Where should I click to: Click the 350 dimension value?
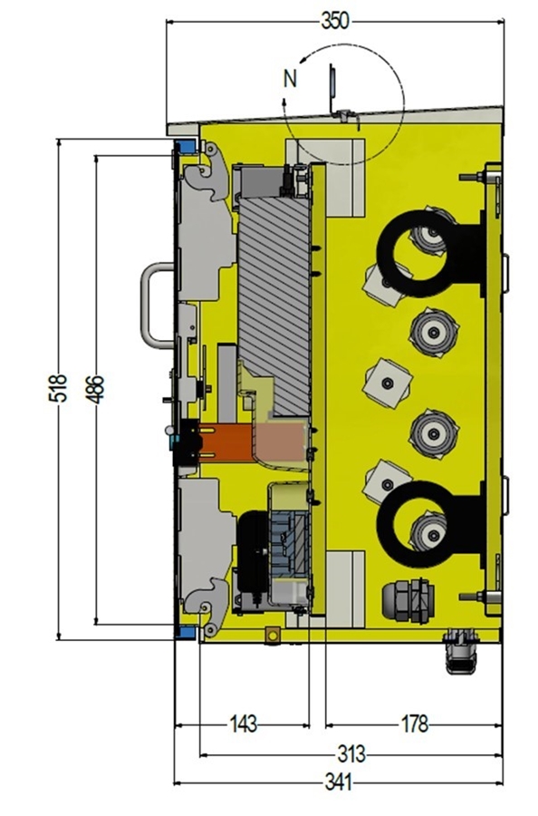[335, 22]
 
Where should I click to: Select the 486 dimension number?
[95, 389]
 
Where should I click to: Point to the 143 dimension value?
[244, 724]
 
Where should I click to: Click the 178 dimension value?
[414, 724]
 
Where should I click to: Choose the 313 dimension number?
[352, 753]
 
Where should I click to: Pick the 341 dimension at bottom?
[339, 782]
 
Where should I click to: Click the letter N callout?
[290, 79]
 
